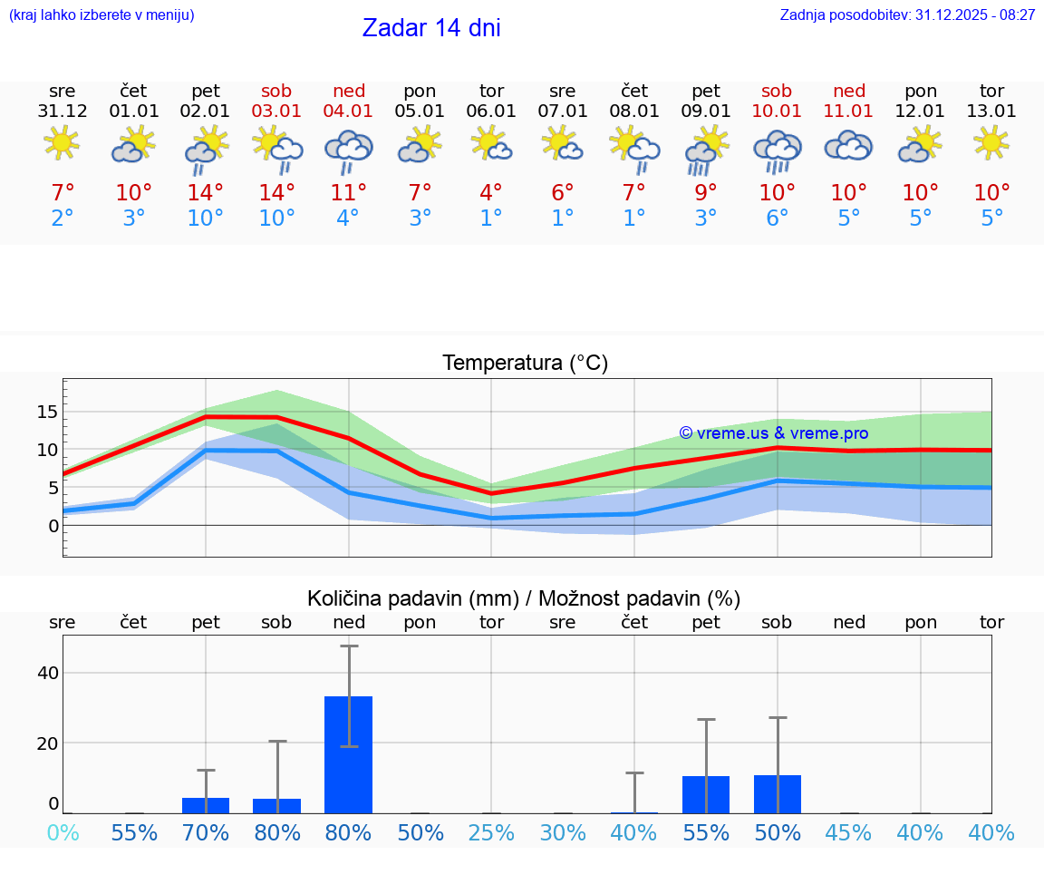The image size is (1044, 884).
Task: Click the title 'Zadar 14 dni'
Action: pyautogui.click(x=431, y=28)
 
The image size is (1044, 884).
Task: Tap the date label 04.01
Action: pyautogui.click(x=349, y=112)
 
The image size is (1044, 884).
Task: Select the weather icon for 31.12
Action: pyautogui.click(x=62, y=142)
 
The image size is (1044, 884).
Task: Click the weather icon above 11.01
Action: pyautogui.click(x=848, y=145)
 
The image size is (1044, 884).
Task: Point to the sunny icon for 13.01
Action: pyautogui.click(x=991, y=142)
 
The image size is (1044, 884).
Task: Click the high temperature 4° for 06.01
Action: pyautogui.click(x=491, y=193)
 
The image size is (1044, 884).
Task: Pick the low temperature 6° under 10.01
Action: pyautogui.click(x=777, y=219)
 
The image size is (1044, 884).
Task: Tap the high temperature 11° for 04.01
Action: pyautogui.click(x=349, y=193)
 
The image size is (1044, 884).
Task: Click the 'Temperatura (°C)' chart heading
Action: pyautogui.click(x=525, y=364)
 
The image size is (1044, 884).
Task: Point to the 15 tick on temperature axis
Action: pyautogui.click(x=47, y=413)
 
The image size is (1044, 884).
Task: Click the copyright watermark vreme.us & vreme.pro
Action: pyautogui.click(x=773, y=433)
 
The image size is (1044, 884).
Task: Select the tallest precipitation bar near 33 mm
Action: pyautogui.click(x=349, y=754)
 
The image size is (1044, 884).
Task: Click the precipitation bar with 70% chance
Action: pyautogui.click(x=206, y=805)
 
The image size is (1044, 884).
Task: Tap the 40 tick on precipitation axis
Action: pyautogui.click(x=48, y=673)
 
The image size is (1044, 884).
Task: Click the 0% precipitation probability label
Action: pyautogui.click(x=63, y=832)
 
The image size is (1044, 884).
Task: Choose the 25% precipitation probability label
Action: pyautogui.click(x=491, y=832)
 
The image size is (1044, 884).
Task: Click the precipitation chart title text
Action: pyautogui.click(x=524, y=598)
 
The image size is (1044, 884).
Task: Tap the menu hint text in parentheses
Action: pyautogui.click(x=101, y=15)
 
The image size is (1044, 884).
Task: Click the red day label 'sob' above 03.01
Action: pyautogui.click(x=277, y=91)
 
